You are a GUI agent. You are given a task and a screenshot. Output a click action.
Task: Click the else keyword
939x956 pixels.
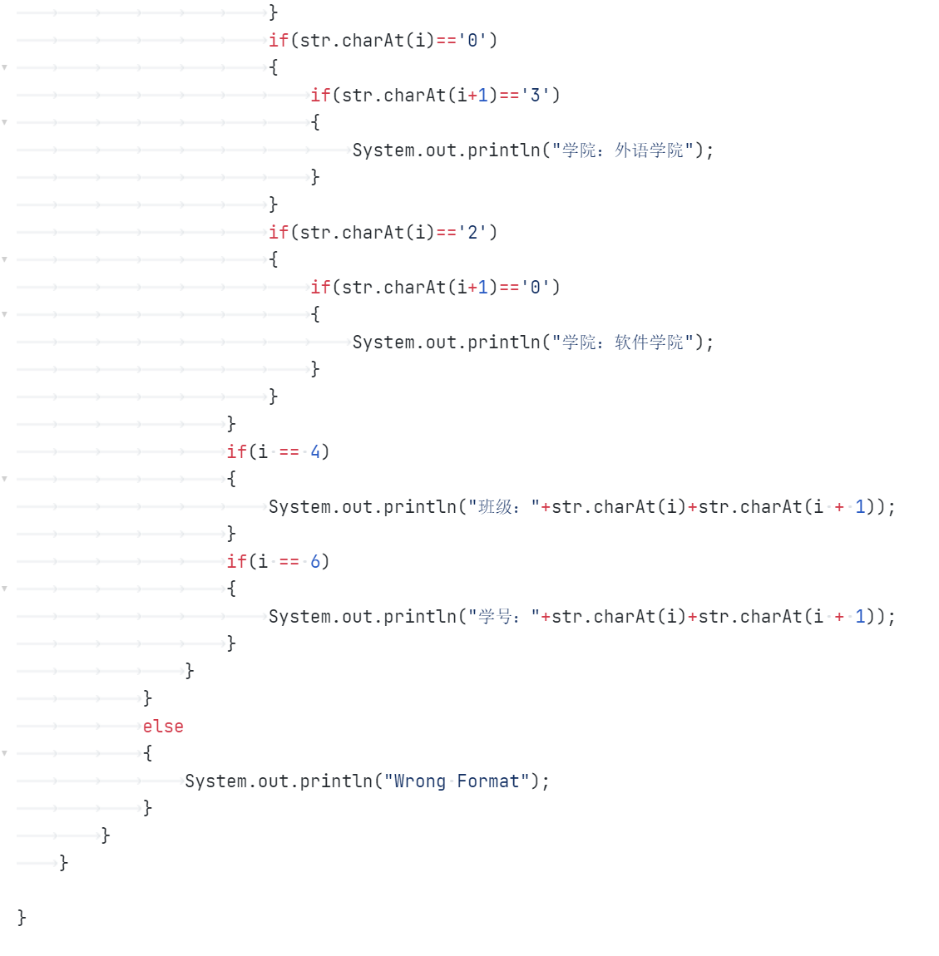pyautogui.click(x=163, y=727)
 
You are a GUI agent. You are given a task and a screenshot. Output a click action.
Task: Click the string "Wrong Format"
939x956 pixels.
pyautogui.click(x=457, y=781)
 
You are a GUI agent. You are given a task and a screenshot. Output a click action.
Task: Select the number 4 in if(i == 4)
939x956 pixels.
pyautogui.click(x=315, y=452)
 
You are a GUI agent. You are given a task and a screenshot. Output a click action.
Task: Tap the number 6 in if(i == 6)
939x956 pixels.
pyautogui.click(x=315, y=562)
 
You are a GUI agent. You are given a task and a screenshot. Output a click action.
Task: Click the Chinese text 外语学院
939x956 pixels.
pyautogui.click(x=649, y=150)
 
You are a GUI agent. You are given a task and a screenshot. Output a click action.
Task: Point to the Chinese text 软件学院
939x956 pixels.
pyautogui.click(x=649, y=342)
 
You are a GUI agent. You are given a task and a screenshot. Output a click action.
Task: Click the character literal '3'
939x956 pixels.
pyautogui.click(x=536, y=96)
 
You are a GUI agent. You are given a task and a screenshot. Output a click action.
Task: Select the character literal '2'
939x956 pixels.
pyautogui.click(x=472, y=233)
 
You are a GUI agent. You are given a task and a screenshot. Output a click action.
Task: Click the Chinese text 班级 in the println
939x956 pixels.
pyautogui.click(x=496, y=507)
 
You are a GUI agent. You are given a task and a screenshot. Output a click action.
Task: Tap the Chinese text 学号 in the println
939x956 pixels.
pyautogui.click(x=496, y=617)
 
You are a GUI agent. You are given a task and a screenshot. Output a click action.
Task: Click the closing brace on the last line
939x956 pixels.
pyautogui.click(x=22, y=917)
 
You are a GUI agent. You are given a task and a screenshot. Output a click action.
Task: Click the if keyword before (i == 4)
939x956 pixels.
pyautogui.click(x=236, y=452)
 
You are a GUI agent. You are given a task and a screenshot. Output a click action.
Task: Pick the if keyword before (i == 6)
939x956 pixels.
pyautogui.click(x=236, y=562)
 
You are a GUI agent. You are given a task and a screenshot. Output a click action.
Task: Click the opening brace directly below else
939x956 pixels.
pyautogui.click(x=147, y=753)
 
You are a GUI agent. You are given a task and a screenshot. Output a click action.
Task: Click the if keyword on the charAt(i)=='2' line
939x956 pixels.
pyautogui.click(x=278, y=233)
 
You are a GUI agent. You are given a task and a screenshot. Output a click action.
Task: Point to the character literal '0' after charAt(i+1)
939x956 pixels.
pyautogui.click(x=536, y=288)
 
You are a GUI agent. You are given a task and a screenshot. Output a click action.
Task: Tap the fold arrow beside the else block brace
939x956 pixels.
pyautogui.click(x=5, y=753)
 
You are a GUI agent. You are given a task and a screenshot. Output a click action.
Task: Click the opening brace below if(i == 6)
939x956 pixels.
pyautogui.click(x=231, y=589)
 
